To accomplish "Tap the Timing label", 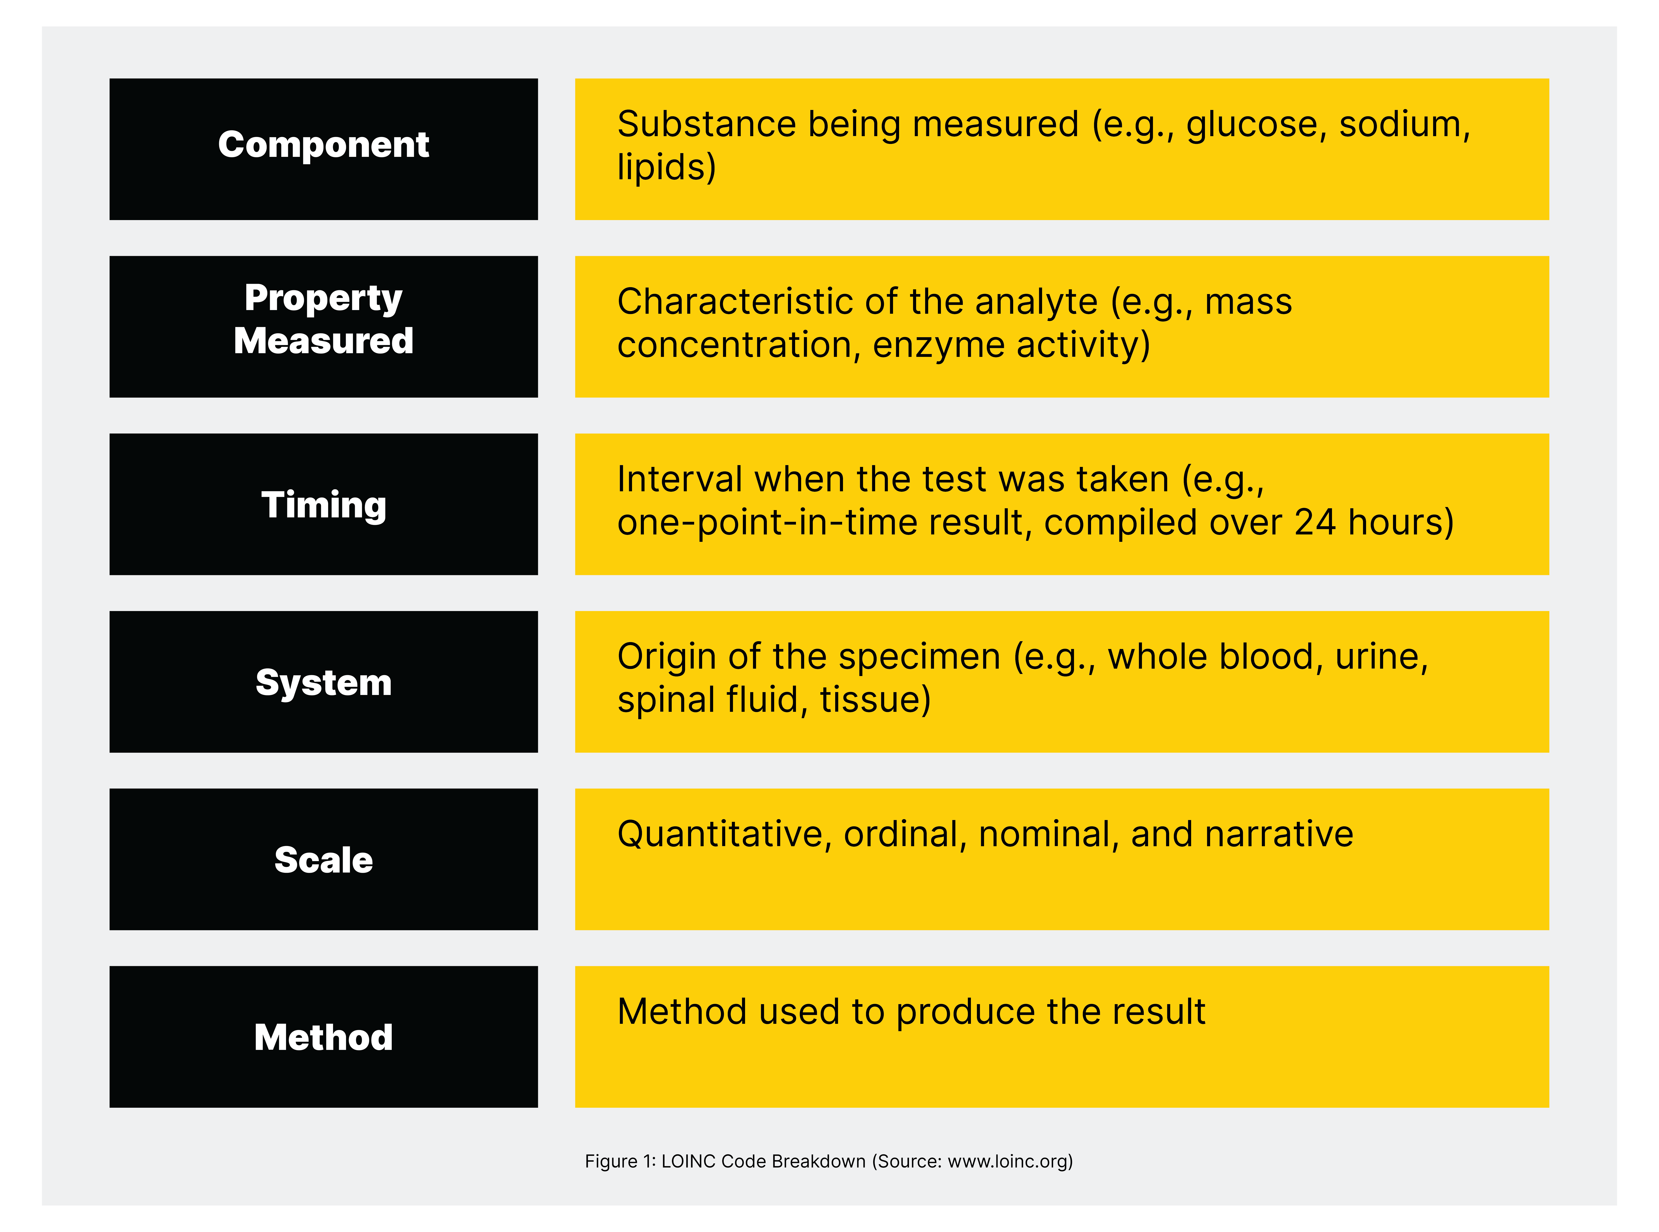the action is (324, 506).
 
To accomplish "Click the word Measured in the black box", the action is (324, 341).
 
